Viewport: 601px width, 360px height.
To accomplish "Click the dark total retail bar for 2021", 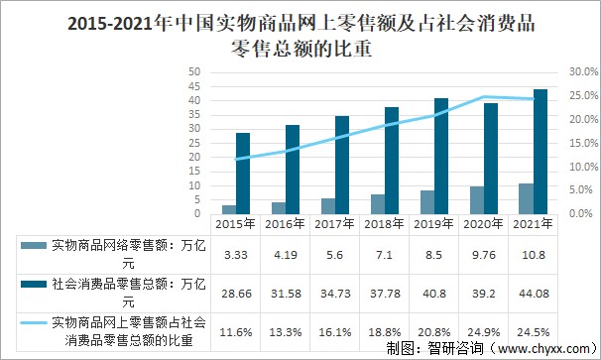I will (x=541, y=151).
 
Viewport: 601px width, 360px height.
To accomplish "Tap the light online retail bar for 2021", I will (x=526, y=198).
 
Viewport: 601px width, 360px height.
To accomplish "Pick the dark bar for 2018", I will (x=392, y=160).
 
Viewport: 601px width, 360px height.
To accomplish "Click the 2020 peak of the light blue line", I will (x=484, y=97).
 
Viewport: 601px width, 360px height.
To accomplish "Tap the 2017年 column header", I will (x=335, y=224).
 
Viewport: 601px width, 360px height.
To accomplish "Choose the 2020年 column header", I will (x=484, y=224).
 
